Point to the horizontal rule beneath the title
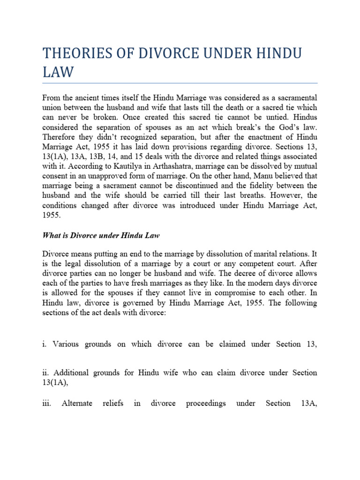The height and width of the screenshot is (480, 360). click(x=180, y=83)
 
